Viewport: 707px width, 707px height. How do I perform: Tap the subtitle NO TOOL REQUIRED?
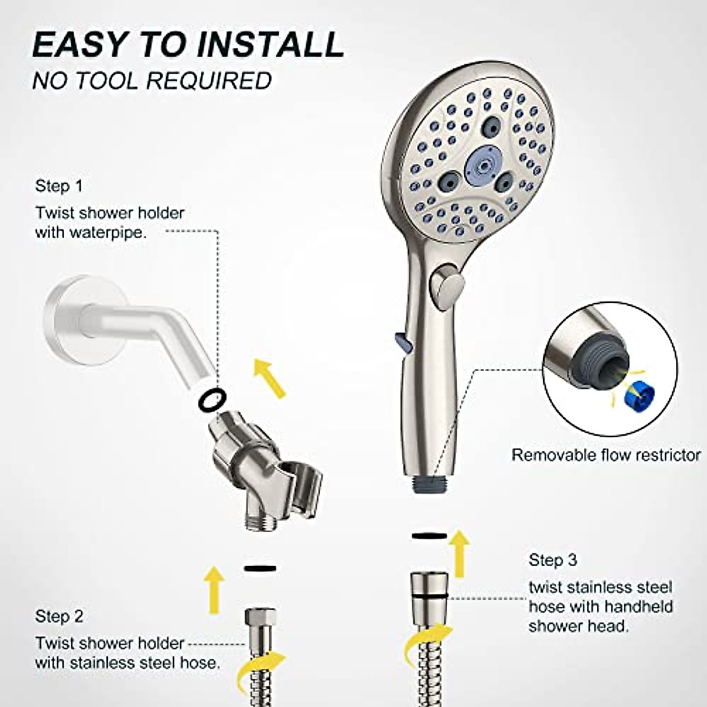pyautogui.click(x=152, y=81)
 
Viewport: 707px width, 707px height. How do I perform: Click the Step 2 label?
pyautogui.click(x=59, y=616)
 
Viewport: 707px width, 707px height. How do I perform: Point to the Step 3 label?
pyautogui.click(x=553, y=559)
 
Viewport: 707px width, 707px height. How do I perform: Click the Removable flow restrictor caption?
pyautogui.click(x=606, y=455)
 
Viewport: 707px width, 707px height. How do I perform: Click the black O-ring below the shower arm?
pyautogui.click(x=212, y=399)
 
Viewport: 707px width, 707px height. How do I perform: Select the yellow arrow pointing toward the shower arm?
pyautogui.click(x=269, y=378)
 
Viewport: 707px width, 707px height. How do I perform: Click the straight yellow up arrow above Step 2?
pyautogui.click(x=213, y=583)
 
